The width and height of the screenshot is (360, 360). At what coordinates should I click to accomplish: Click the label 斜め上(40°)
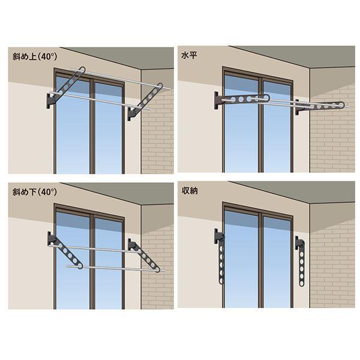pos(35,56)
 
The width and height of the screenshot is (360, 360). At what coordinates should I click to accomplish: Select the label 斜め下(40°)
pos(35,192)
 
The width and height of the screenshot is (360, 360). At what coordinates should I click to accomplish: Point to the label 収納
pos(190,191)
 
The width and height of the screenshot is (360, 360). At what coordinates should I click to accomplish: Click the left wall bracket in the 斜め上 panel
pos(50,101)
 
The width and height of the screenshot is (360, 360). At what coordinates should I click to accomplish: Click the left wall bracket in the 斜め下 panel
pos(51,239)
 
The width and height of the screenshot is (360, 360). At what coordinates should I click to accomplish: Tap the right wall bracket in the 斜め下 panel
pos(131,245)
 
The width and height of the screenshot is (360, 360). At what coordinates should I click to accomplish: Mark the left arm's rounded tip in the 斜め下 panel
pos(80,266)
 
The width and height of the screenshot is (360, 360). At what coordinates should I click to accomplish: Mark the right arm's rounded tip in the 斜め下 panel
pos(157,270)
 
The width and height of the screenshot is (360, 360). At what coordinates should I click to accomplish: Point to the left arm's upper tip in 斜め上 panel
pos(82,70)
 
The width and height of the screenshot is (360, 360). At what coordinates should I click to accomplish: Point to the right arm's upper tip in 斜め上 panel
pos(160,86)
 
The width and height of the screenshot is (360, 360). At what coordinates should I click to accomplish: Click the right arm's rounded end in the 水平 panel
pos(341,105)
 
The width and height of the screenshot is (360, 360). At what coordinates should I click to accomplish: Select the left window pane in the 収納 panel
pos(241,259)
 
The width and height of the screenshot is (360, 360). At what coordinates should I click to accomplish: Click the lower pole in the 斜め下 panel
pos(115,269)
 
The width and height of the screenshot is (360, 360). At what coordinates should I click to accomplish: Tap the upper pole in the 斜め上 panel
pos(120,78)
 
